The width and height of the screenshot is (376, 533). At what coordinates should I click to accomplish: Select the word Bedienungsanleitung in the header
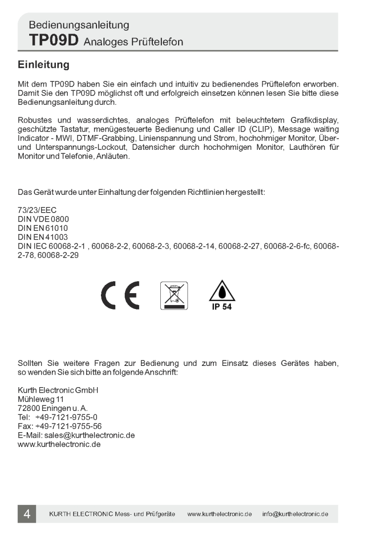click(79, 24)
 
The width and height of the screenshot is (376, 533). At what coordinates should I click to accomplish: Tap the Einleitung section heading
click(43, 65)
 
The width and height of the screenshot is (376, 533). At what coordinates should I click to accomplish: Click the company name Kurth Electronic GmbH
click(58, 390)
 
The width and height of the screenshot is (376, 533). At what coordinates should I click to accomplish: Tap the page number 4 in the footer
click(27, 514)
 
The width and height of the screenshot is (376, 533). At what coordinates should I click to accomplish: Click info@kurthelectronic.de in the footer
click(295, 514)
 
